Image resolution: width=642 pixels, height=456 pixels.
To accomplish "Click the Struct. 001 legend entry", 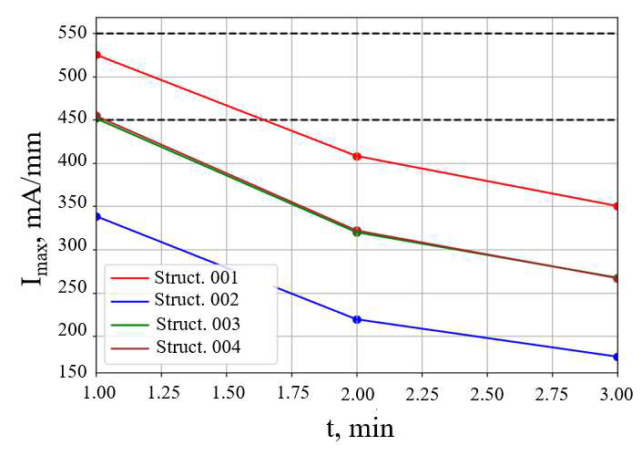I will [197, 276].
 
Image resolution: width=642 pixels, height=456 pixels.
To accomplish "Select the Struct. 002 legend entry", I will [197, 300].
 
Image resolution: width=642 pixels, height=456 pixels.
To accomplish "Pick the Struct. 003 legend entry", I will [197, 324].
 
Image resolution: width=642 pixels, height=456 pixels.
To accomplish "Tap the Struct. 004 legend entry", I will [197, 347].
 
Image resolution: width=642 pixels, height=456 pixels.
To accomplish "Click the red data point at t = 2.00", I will [357, 156].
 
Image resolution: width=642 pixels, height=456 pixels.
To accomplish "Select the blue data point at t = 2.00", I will [357, 319].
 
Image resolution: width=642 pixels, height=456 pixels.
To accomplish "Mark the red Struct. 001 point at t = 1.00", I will [97, 55].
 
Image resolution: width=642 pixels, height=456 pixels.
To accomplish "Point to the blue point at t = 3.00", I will [617, 357].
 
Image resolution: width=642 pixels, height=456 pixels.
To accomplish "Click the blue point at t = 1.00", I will [97, 216].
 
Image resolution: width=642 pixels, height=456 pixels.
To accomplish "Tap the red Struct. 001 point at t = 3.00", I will [617, 206].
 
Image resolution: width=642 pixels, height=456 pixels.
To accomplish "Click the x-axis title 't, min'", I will [361, 428].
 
